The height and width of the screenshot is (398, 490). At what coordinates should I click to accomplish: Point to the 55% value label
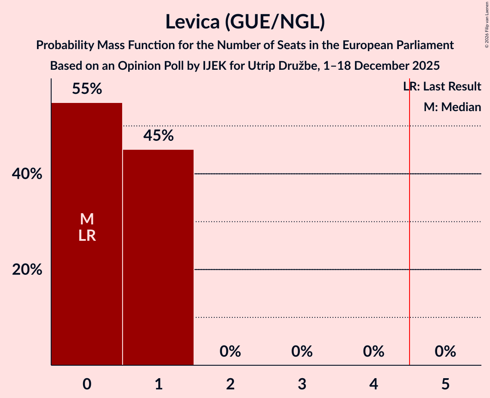pos(87,89)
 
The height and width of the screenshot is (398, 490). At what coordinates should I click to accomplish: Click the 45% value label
pos(158,136)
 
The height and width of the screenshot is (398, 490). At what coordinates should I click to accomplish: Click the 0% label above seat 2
pos(230,352)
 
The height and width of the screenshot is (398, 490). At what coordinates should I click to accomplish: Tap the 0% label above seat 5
pos(445,352)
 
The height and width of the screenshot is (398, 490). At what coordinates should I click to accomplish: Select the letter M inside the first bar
pos(87,219)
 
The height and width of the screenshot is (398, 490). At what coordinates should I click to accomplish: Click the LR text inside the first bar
pos(87,236)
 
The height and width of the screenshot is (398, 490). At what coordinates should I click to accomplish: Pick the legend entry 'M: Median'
pos(452,107)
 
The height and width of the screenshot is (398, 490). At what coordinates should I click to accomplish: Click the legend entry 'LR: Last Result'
pos(442,87)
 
